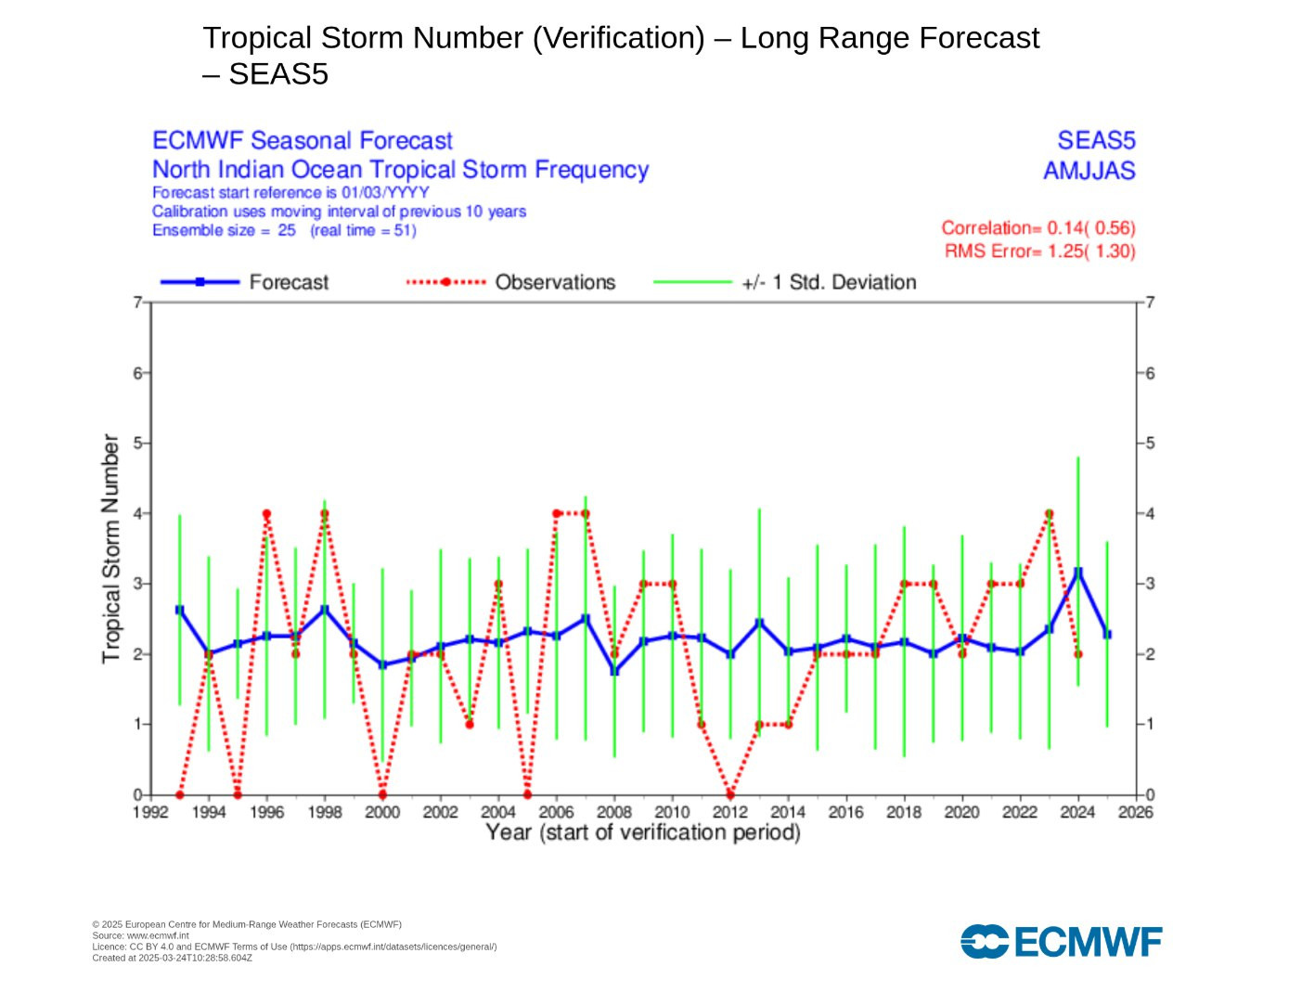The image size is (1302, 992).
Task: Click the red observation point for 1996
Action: click(x=266, y=513)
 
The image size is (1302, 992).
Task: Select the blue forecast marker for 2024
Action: click(x=1077, y=572)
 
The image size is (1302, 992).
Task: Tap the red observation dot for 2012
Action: click(x=730, y=794)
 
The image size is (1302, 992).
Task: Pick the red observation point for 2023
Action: click(x=1049, y=513)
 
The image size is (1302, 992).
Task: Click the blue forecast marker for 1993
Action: click(x=179, y=610)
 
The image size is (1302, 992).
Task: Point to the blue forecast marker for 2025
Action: click(x=1106, y=634)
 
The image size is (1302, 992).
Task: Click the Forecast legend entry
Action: click(x=245, y=282)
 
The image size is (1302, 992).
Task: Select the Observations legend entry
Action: click(x=511, y=282)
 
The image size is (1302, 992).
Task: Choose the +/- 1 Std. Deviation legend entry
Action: click(x=785, y=282)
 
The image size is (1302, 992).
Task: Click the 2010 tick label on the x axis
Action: click(x=672, y=813)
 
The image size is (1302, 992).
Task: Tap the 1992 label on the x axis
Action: click(x=150, y=813)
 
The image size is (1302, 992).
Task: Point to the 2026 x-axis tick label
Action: click(x=1135, y=813)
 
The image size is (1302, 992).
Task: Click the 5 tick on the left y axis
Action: click(x=136, y=443)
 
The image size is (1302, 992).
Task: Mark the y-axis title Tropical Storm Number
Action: click(x=111, y=548)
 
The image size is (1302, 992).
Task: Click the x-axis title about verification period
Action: click(x=643, y=832)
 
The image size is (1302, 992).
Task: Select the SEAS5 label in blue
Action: click(x=1096, y=140)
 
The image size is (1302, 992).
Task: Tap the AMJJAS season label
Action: click(x=1089, y=171)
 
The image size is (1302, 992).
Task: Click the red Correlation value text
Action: click(x=1038, y=228)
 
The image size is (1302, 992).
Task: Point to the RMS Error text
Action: click(x=1039, y=251)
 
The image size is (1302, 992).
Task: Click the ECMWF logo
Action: click(x=1061, y=942)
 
